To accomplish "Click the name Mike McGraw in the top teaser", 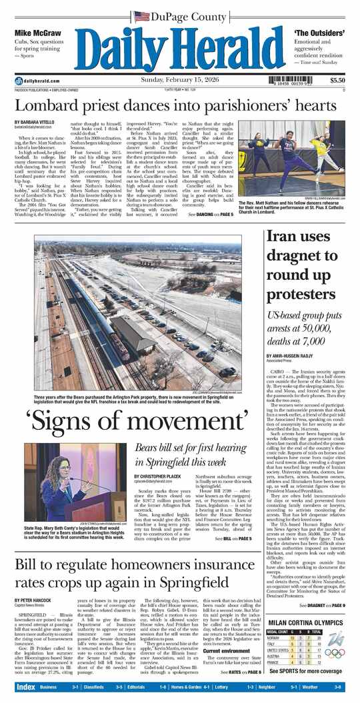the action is point(34,32).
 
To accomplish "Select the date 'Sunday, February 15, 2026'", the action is point(180,81).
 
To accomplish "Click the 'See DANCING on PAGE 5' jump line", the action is point(210,215).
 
